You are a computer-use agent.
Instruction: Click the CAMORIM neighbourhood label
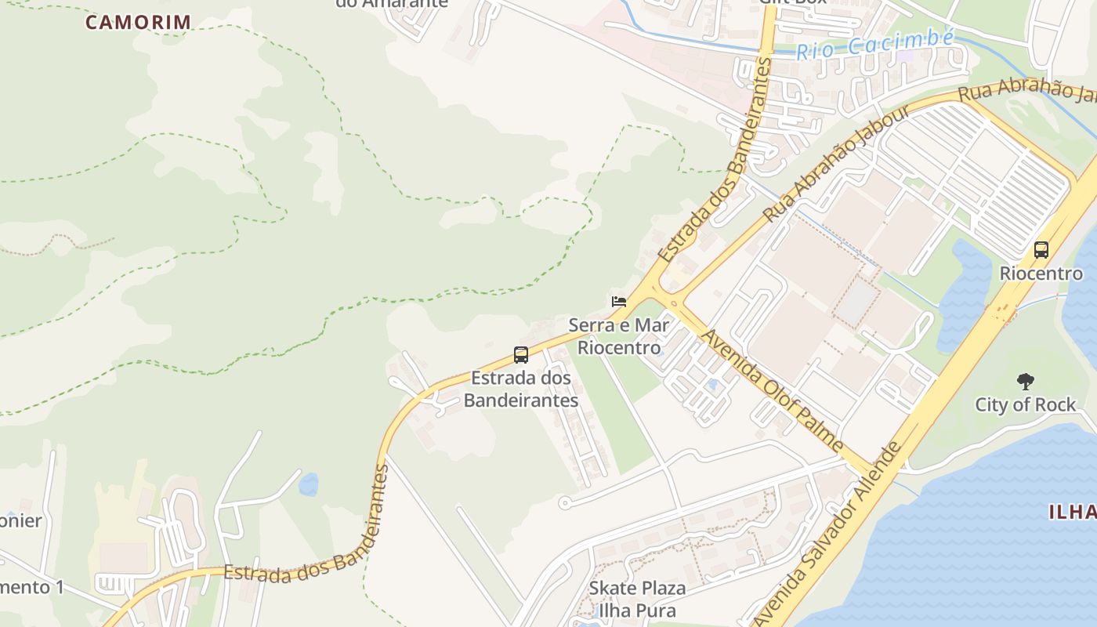(x=138, y=22)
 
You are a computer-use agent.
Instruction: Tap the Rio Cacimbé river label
(x=874, y=45)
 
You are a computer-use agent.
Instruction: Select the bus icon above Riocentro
(x=1041, y=250)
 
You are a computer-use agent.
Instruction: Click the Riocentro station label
(x=1041, y=274)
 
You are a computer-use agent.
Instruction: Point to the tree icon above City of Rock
(x=1025, y=382)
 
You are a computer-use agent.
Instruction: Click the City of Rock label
(x=1025, y=404)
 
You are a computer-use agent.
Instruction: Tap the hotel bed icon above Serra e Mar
(x=619, y=302)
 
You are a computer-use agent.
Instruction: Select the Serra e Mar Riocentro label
(x=619, y=335)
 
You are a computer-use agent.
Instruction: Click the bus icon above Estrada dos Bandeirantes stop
(x=521, y=354)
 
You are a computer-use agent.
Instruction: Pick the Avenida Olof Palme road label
(x=773, y=390)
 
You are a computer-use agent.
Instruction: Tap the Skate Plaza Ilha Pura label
(x=637, y=599)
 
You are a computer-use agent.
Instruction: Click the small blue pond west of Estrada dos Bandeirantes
(x=309, y=484)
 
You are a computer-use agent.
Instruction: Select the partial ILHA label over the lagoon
(x=1072, y=513)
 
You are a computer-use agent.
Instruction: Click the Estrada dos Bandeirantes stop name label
(x=521, y=389)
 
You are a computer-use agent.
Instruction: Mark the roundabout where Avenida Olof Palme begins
(x=664, y=301)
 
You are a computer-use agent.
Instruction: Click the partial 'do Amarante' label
(x=392, y=4)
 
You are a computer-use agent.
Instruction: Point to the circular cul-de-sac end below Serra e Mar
(x=564, y=503)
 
